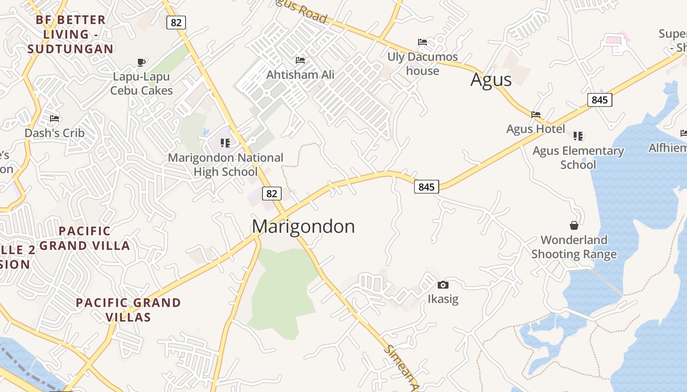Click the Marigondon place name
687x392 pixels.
303,226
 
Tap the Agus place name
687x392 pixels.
491,79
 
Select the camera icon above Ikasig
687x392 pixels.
443,285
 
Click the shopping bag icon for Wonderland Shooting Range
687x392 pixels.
574,225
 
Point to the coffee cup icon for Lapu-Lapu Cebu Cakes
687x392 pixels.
141,62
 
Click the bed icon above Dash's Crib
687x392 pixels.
54,119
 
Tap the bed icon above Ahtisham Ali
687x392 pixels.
300,60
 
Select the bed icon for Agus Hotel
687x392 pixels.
536,115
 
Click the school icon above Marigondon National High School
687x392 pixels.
225,143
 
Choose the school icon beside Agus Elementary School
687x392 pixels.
578,136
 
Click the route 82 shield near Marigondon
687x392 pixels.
271,194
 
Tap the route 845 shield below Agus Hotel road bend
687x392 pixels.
426,187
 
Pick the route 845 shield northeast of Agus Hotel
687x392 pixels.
600,100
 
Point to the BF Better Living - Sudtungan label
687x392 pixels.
70,34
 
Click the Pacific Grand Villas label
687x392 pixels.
128,310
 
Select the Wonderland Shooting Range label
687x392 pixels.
574,247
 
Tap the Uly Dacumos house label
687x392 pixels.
423,64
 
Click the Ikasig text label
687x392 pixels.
443,299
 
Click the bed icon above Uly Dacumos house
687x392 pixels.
423,42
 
